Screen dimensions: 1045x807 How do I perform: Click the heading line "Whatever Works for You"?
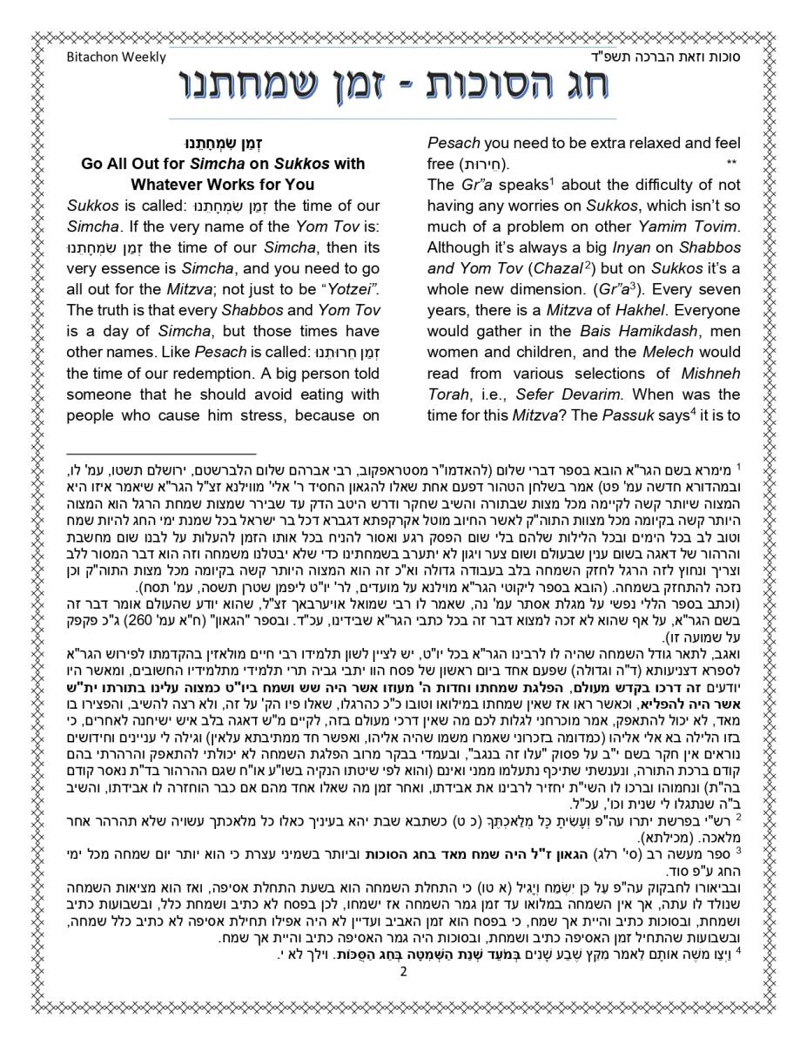click(x=223, y=185)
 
